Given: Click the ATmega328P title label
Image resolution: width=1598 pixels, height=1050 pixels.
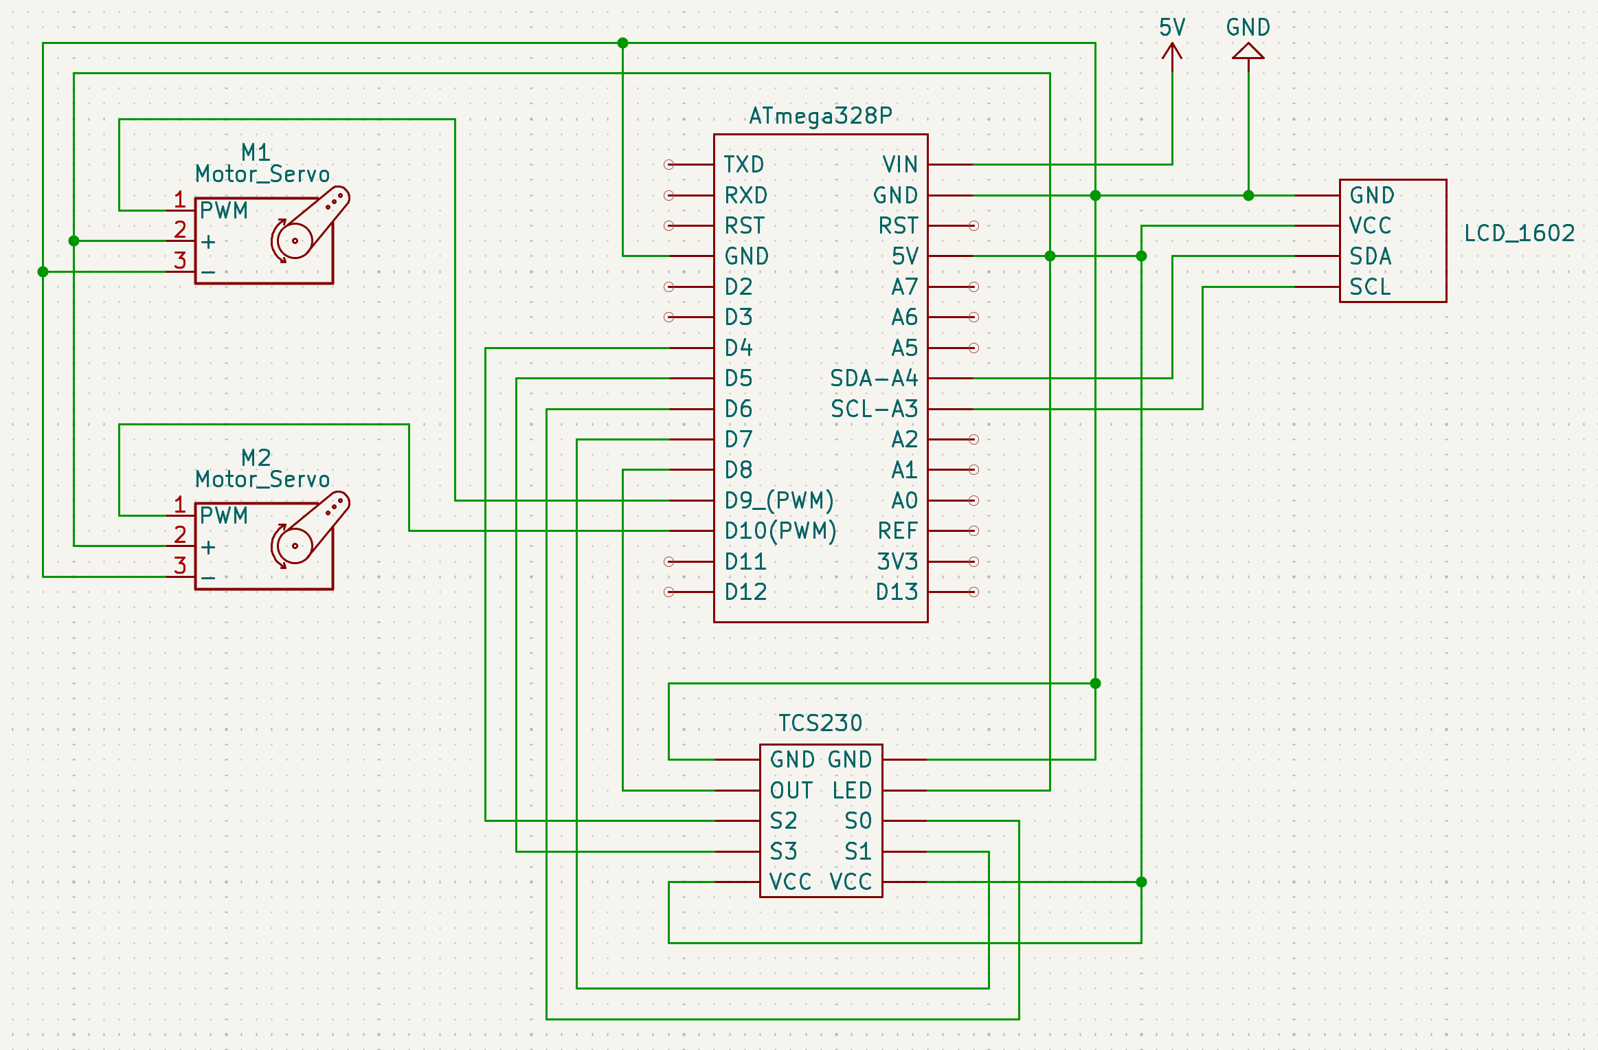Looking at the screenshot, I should (820, 115).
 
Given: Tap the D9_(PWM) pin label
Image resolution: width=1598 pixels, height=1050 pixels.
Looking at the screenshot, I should (779, 500).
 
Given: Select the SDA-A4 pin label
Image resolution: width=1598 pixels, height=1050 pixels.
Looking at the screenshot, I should (874, 379).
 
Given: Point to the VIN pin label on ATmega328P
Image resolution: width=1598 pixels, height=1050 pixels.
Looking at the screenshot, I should (900, 165).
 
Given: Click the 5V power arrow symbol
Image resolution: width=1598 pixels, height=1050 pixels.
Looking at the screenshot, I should (1172, 52).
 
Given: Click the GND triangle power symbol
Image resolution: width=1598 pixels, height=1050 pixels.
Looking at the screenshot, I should (1248, 52).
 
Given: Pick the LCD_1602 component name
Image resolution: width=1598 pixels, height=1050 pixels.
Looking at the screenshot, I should (1519, 234).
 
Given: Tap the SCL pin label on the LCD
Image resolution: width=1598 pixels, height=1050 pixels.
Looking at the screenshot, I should (1370, 287).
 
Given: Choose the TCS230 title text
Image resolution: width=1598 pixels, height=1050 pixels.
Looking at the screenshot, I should (820, 723).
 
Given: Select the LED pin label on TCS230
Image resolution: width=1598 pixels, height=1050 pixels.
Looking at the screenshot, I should (852, 791).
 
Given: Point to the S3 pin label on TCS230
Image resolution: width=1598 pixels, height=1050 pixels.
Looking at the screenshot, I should (783, 852).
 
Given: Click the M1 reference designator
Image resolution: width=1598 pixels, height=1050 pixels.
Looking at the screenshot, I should (256, 152).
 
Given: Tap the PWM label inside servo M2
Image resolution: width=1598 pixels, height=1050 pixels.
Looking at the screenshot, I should (224, 516).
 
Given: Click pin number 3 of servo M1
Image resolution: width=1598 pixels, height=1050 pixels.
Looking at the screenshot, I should (180, 260).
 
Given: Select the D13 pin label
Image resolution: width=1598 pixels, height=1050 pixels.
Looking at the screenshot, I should (897, 592).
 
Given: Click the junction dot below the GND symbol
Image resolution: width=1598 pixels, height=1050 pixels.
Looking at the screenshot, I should (1248, 196).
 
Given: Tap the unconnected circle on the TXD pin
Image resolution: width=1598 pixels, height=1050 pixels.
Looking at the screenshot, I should (668, 165).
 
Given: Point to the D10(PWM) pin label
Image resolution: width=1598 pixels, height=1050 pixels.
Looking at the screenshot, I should (780, 531).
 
